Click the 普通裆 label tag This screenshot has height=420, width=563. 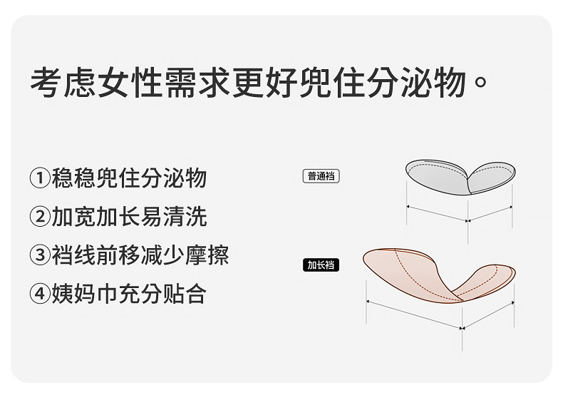point(321,176)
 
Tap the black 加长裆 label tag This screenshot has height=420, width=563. point(321,266)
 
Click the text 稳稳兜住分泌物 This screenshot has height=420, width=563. point(128,178)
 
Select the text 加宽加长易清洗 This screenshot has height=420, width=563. point(128,217)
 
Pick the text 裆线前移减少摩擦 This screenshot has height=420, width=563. point(140,255)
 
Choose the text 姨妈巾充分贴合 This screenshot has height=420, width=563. point(128,294)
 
